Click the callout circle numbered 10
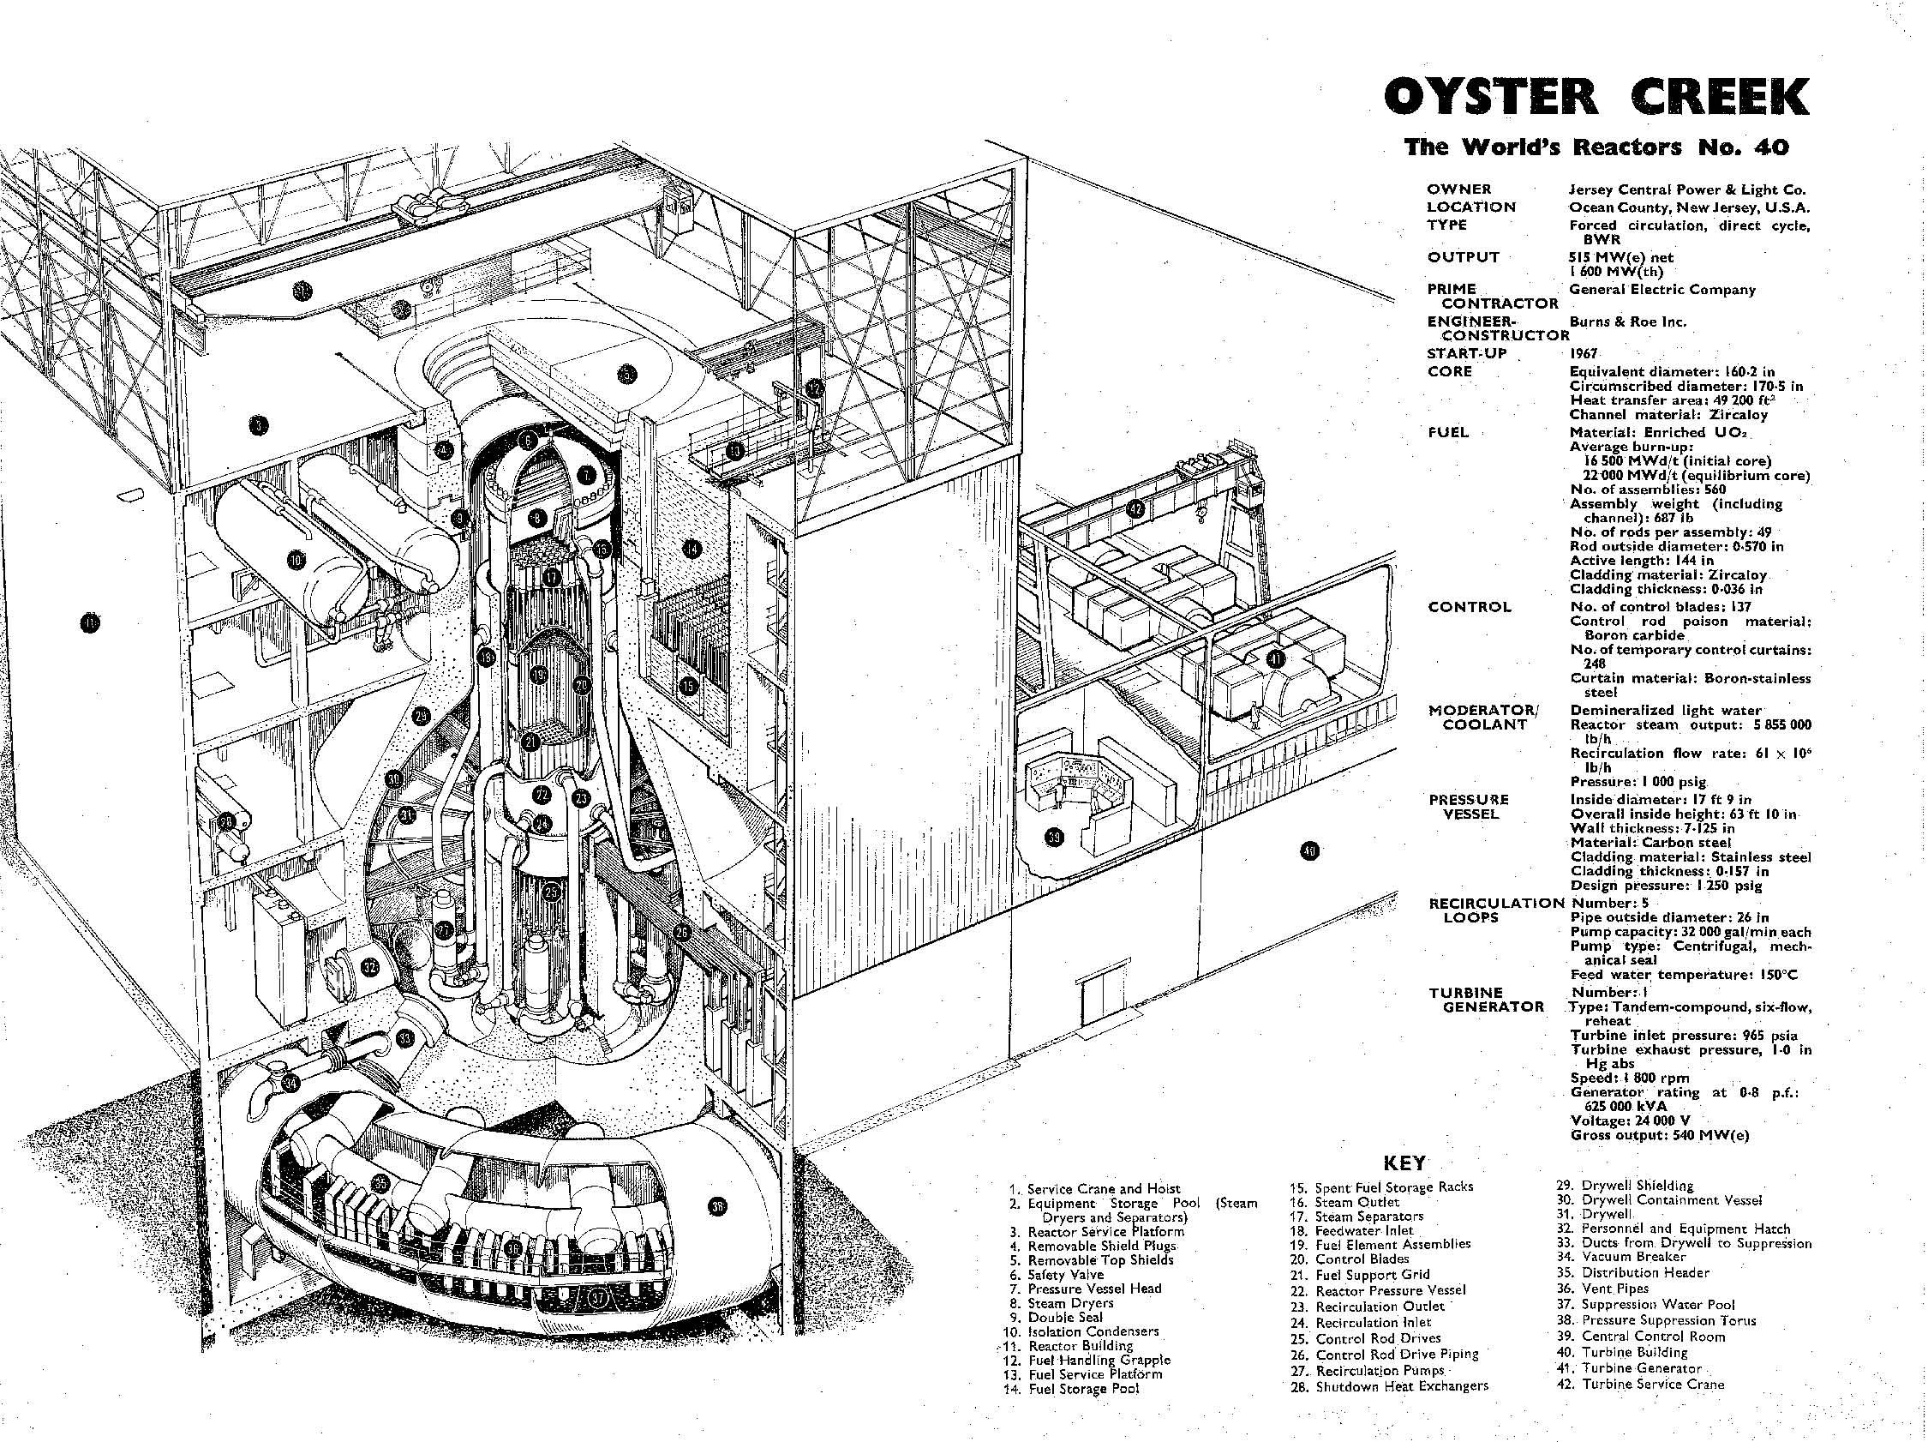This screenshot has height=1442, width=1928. click(298, 560)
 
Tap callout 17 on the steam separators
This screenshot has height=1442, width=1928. click(550, 577)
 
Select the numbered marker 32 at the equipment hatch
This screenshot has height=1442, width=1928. click(369, 967)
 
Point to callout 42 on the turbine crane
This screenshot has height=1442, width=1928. click(1135, 508)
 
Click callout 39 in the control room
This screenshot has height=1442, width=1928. click(1055, 838)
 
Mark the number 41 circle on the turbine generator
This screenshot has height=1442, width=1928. click(1276, 659)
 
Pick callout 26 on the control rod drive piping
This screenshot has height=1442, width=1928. click(681, 932)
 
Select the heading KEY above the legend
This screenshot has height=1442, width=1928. click(1404, 1163)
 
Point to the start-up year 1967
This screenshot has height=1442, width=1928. click(1584, 355)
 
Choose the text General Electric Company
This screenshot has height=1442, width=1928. click(1662, 290)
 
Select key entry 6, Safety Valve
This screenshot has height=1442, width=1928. click(1063, 1274)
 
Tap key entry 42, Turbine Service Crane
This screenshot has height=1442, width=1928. click(1639, 1384)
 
